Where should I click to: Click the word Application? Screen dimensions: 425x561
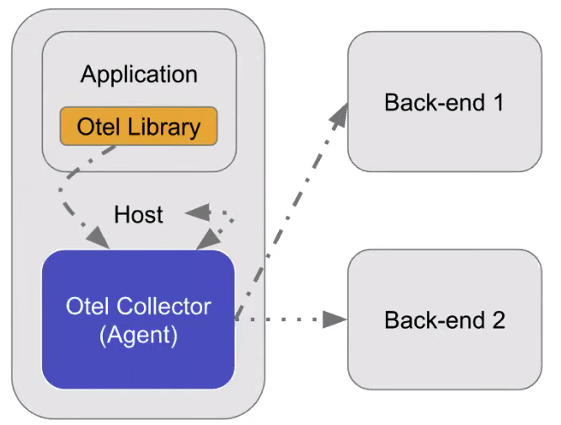pyautogui.click(x=139, y=74)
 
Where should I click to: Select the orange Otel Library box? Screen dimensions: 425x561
pyautogui.click(x=139, y=126)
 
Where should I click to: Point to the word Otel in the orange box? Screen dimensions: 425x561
pyautogui.click(x=94, y=126)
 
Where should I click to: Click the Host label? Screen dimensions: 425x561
pyautogui.click(x=139, y=214)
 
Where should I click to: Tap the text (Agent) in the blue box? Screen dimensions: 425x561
pyautogui.click(x=138, y=335)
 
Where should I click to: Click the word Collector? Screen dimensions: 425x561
pyautogui.click(x=161, y=305)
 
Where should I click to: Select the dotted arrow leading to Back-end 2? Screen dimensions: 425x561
pyautogui.click(x=286, y=320)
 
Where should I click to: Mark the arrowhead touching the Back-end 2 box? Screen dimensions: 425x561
pyautogui.click(x=337, y=320)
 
